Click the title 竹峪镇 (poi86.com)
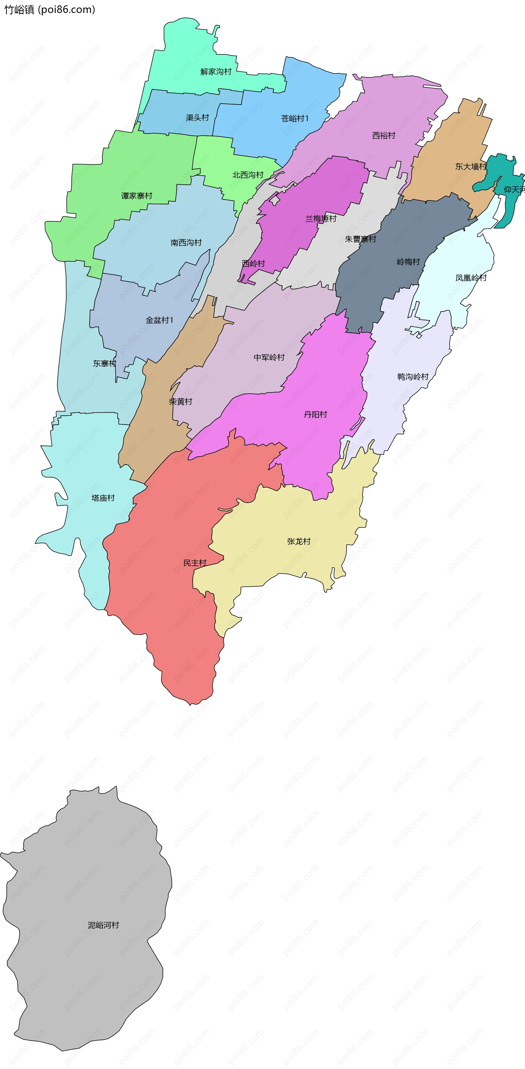point(50,10)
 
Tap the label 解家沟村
point(216,72)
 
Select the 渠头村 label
point(197,118)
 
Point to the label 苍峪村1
point(295,119)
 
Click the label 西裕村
point(383,135)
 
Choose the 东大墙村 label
point(471,167)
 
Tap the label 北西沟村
point(248,175)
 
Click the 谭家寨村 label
point(136,196)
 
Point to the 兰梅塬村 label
point(321,219)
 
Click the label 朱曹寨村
point(360,239)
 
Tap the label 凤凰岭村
point(471,278)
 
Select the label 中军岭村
point(269,357)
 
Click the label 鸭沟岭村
point(413,377)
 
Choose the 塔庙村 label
point(103,498)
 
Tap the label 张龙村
point(298,542)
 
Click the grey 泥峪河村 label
point(103,925)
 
